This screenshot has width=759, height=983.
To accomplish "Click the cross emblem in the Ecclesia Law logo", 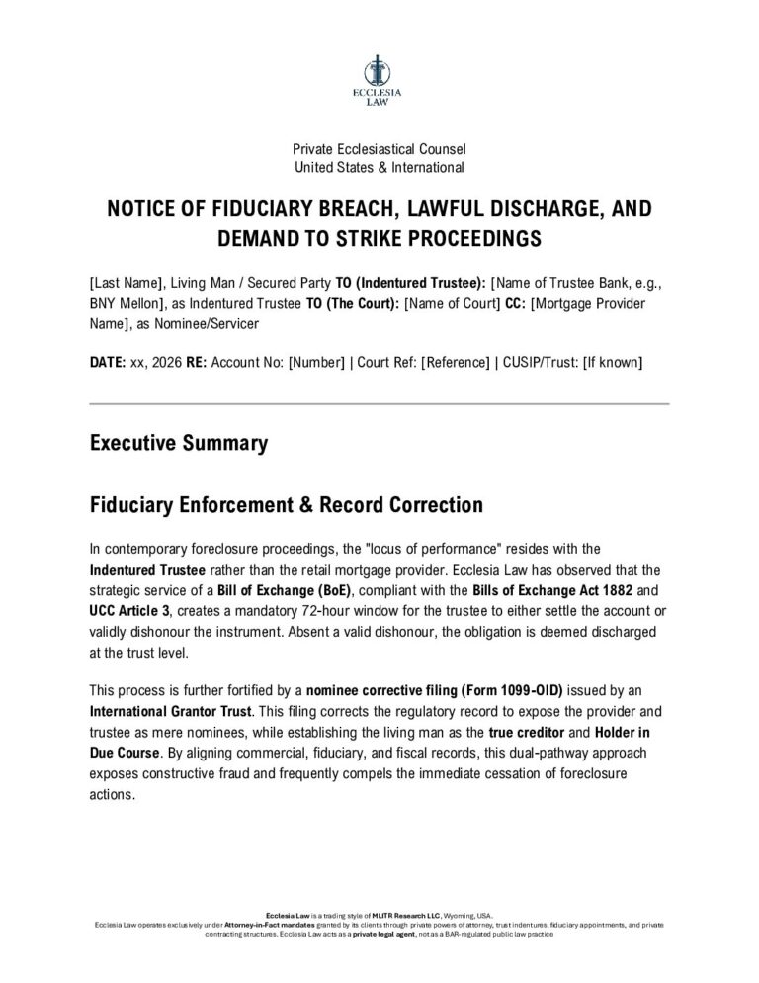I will coord(379,69).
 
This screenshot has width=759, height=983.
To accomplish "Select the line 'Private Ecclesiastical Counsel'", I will coord(379,149).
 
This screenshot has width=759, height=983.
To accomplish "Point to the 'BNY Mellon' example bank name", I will coord(123,305).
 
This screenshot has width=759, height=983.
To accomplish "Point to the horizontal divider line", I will coord(379,404).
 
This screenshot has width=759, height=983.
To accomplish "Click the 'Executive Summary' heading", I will coord(178,443).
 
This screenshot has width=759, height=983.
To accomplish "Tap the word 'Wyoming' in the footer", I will coord(445,916).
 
